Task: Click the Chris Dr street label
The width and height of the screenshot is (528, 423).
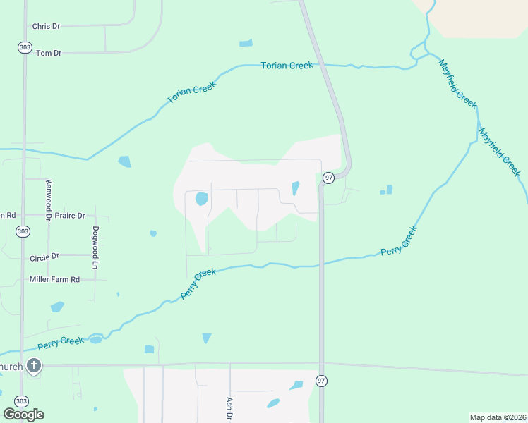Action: (46, 26)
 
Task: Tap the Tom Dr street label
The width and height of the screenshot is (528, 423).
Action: (48, 53)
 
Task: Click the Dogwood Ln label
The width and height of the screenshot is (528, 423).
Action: (95, 247)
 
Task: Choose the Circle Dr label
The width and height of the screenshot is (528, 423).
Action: (45, 257)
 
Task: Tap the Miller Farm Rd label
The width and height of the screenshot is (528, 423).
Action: (54, 279)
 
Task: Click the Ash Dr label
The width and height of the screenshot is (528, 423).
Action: (229, 408)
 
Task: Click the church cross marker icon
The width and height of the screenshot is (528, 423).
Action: (33, 366)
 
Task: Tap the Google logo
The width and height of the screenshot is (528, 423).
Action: (23, 414)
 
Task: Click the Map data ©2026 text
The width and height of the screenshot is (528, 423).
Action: (498, 417)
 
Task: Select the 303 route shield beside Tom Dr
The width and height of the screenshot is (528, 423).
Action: (23, 47)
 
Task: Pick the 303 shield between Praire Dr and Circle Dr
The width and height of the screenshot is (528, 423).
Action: (23, 231)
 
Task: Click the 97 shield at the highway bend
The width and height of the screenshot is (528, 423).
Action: (328, 178)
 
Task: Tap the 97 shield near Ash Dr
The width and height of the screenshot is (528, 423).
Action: (321, 381)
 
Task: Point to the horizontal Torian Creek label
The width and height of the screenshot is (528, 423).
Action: (287, 66)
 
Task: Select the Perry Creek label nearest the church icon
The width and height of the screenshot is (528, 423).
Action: (61, 342)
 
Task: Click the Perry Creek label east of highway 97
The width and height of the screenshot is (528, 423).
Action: (400, 241)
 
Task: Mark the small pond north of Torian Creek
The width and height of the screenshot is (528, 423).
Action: (246, 43)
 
